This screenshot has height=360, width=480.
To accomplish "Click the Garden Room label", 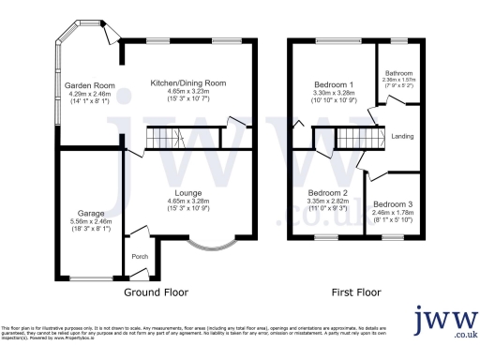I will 82,85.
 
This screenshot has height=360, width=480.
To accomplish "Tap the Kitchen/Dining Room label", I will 188,82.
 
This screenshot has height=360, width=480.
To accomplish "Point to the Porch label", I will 141,257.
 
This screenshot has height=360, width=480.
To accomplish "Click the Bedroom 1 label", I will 332,84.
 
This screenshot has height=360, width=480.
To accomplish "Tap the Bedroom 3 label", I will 392,203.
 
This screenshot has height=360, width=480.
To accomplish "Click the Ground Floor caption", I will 164,292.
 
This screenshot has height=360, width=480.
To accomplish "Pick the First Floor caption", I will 361,292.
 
